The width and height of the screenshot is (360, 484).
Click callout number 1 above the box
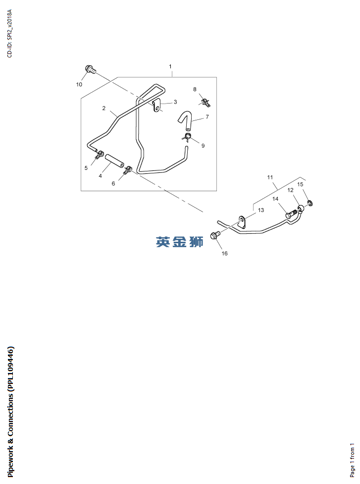pos(170,66)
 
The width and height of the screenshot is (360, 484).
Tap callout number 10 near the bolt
pos(79,84)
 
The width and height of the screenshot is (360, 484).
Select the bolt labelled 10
pos(90,69)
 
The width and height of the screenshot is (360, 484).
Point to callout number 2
pos(104,108)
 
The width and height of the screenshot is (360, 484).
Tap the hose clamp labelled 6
pos(127,170)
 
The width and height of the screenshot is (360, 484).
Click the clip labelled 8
pos(206,102)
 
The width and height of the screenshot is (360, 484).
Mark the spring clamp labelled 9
pos(188,137)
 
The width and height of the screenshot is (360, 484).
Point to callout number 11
pos(270,177)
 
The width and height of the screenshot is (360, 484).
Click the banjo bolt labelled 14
pos(292,214)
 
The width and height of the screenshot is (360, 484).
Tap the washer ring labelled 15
pos(310,203)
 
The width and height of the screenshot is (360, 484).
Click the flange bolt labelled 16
pos(215,235)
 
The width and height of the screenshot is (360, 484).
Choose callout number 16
pos(225,254)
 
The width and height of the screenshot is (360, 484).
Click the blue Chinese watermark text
pos(180,242)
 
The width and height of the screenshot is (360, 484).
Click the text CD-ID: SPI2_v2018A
pos(9,33)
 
